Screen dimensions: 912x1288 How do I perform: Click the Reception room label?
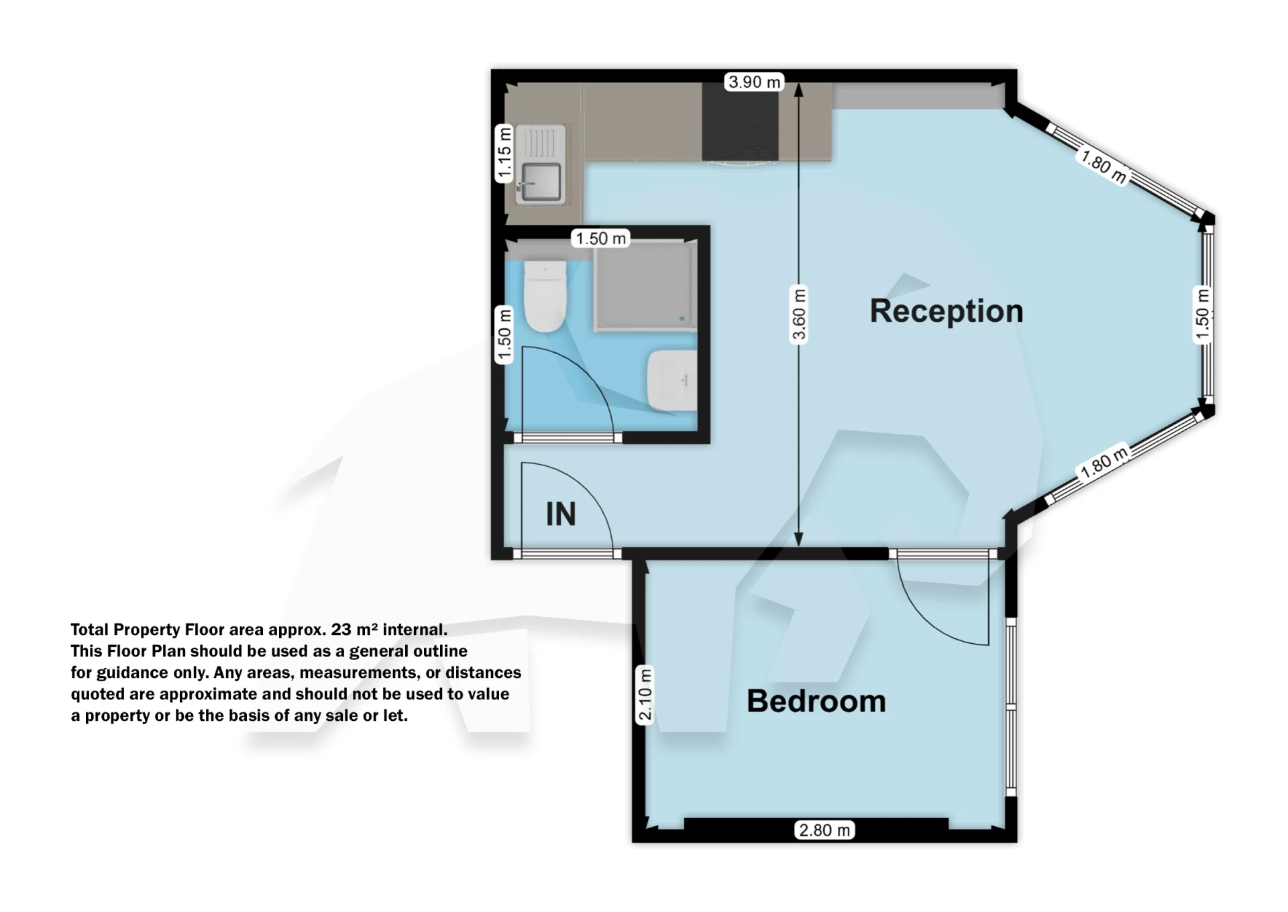[946, 312]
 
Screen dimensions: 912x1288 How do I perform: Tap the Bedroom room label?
[816, 701]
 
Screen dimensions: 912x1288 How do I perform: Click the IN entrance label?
[561, 514]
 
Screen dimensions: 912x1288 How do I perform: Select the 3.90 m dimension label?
[755, 82]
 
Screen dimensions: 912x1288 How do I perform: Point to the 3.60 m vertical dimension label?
[798, 315]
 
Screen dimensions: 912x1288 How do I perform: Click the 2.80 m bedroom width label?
[824, 830]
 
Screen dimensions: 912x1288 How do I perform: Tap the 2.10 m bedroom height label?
[645, 695]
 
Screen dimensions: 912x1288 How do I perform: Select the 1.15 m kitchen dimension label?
[504, 154]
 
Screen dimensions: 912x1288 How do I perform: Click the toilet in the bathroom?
[545, 296]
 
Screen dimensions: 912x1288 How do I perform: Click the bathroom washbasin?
[672, 380]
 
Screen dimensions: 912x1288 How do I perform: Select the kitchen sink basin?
[541, 182]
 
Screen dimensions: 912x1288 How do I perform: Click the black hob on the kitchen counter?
[740, 122]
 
